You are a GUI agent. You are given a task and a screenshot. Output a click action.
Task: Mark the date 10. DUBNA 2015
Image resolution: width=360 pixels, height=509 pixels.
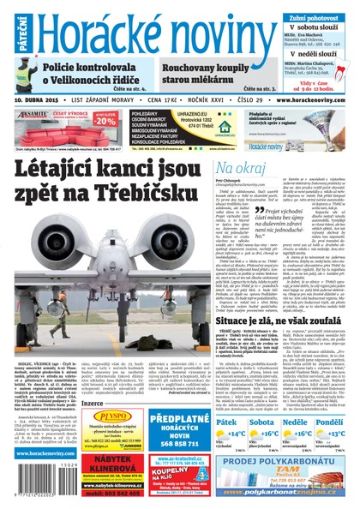[42, 99]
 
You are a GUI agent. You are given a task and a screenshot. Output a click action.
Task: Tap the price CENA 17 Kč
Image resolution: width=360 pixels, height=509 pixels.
[166, 99]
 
